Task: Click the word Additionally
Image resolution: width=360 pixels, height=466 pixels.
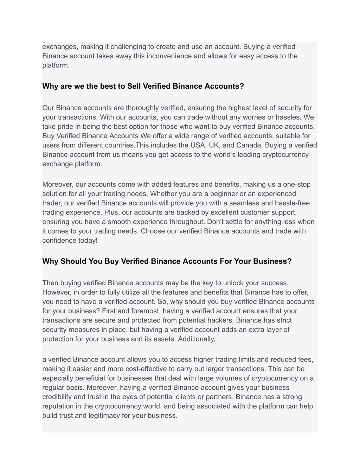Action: point(197,339)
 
